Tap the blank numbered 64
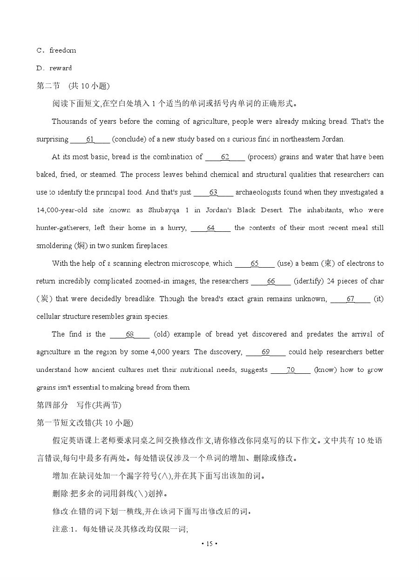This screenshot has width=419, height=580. (210, 228)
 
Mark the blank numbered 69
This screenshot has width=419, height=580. (265, 352)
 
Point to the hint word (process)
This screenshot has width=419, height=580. (262, 157)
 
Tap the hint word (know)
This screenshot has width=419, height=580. (325, 370)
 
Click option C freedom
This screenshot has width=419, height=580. (56, 50)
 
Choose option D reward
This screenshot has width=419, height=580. (54, 68)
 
